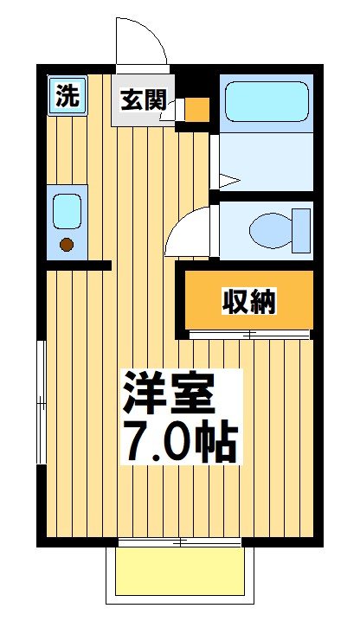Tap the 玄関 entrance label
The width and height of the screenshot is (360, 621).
142,100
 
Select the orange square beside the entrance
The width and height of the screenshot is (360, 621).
197,110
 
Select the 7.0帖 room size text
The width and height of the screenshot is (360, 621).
179,441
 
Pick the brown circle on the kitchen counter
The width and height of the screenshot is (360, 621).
67,245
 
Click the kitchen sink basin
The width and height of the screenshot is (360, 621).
67,210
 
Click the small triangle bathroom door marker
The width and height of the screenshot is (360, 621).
227,181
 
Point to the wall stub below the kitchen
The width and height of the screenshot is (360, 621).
78,265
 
